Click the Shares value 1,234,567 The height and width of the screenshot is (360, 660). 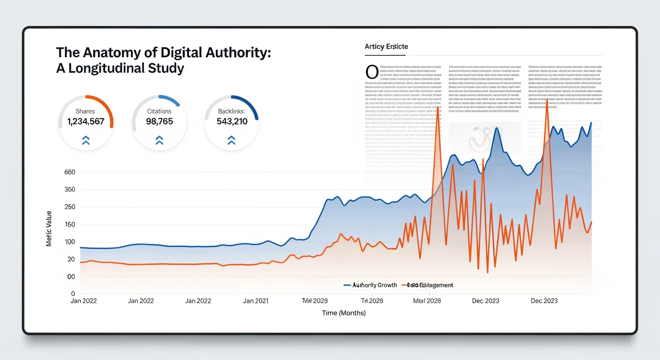pyautogui.click(x=85, y=122)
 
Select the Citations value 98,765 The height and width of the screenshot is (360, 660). pyautogui.click(x=159, y=122)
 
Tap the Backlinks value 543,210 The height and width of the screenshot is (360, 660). pyautogui.click(x=232, y=122)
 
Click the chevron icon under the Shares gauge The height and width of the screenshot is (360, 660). pyautogui.click(x=86, y=140)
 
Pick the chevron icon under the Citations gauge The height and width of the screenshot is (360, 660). pyautogui.click(x=159, y=140)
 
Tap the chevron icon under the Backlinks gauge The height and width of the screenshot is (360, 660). pyautogui.click(x=231, y=140)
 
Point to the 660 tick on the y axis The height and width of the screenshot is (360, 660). pyautogui.click(x=69, y=172)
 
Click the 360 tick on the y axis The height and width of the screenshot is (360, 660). pyautogui.click(x=69, y=190)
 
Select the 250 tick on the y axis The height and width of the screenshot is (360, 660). pyautogui.click(x=69, y=207)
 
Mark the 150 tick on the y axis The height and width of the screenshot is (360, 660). pyautogui.click(x=69, y=225)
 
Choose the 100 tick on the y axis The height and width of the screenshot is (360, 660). pyautogui.click(x=69, y=242)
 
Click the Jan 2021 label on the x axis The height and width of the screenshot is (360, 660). pyautogui.click(x=255, y=301)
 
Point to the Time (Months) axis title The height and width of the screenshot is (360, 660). pyautogui.click(x=344, y=313)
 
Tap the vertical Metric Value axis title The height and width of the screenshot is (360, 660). pyautogui.click(x=49, y=229)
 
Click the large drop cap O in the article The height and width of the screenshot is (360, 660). pyautogui.click(x=371, y=72)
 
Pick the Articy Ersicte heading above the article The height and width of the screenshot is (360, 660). pyautogui.click(x=386, y=46)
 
